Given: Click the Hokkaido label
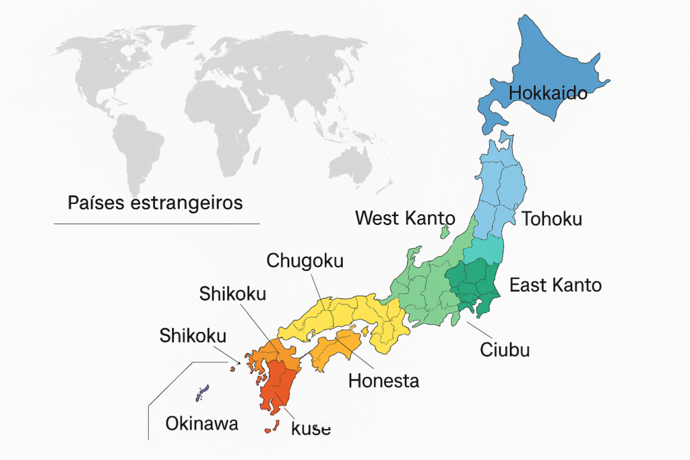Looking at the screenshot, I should click(548, 93).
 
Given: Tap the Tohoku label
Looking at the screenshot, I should click(551, 219).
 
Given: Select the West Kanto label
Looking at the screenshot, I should click(405, 218).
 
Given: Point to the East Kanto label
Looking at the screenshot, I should click(555, 285).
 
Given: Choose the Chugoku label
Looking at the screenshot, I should click(305, 261).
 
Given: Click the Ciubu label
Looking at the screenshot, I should click(505, 350).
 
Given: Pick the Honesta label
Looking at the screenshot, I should click(383, 381).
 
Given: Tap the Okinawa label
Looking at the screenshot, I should click(202, 424).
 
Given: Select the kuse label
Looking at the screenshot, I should click(311, 429).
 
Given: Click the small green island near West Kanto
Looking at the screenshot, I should click(445, 232).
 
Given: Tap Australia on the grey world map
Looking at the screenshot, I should click(350, 162).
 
